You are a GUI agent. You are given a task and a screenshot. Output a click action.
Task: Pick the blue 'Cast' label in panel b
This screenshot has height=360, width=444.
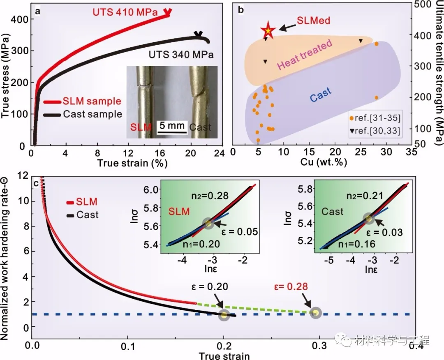(x=320, y=95)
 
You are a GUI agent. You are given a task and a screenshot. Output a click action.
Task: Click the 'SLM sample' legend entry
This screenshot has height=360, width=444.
(x=92, y=101)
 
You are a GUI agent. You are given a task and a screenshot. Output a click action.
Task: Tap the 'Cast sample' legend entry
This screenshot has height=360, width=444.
(x=92, y=114)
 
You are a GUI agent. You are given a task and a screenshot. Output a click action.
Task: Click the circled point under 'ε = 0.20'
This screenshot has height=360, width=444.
(x=224, y=315)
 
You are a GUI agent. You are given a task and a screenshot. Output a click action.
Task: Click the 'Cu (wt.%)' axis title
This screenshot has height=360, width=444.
(x=324, y=162)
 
